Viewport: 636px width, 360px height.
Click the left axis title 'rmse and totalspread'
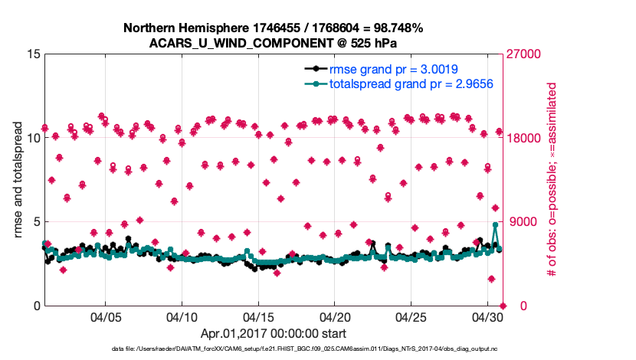point(18,180)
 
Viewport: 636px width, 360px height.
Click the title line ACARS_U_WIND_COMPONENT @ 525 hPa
point(274,43)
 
